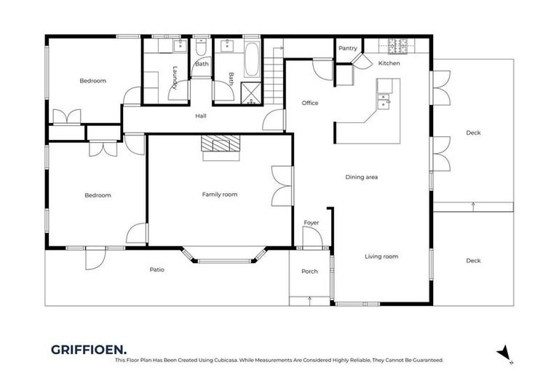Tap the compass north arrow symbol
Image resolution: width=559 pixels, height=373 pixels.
click(x=503, y=352)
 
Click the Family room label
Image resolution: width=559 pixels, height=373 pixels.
click(x=219, y=195)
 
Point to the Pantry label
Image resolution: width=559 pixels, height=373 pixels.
click(x=348, y=49)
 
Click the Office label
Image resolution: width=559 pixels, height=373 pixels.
click(x=310, y=103)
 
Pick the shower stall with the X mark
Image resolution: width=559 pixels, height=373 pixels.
click(x=250, y=93)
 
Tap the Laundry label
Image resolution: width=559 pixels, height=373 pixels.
click(x=175, y=78)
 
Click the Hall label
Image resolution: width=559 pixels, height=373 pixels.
click(x=201, y=116)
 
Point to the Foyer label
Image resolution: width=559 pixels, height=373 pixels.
click(x=311, y=223)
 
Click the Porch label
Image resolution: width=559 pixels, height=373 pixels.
click(x=309, y=272)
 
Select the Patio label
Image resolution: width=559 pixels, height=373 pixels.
click(x=156, y=270)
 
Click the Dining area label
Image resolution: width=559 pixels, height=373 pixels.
click(x=361, y=177)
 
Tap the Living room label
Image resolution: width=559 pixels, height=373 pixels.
click(x=381, y=256)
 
